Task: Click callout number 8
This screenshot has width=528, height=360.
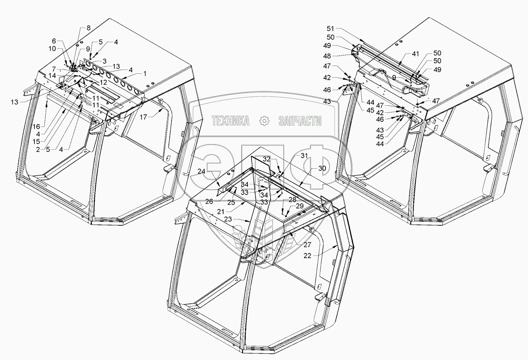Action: coord(88,28)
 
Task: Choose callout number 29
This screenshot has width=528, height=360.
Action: coord(300,206)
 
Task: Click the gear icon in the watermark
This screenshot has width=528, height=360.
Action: coord(265,121)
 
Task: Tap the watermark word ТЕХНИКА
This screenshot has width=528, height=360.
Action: coord(231,121)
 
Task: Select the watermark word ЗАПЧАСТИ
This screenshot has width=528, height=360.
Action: coord(300,121)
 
